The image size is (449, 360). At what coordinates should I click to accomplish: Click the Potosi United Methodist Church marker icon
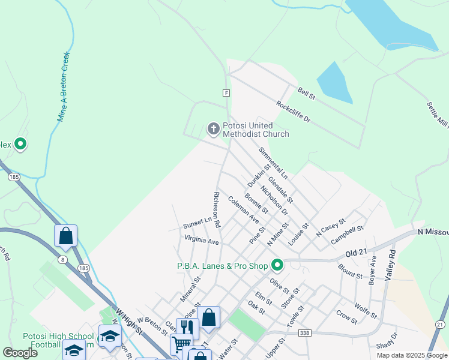point(213,129)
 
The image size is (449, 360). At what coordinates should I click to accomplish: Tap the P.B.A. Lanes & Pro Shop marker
point(277,265)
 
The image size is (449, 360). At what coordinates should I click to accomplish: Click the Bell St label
point(306,95)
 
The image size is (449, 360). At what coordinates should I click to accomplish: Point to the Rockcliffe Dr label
point(293,111)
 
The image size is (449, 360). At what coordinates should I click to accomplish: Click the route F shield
point(226,93)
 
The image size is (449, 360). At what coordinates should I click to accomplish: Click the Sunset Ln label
point(198,223)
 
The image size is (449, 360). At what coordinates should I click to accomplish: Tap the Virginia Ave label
point(202,241)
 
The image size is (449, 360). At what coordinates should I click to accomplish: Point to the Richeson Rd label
point(217,210)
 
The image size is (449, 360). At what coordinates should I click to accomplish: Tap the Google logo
point(20,353)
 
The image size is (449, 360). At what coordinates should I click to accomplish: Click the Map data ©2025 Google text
point(411,355)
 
